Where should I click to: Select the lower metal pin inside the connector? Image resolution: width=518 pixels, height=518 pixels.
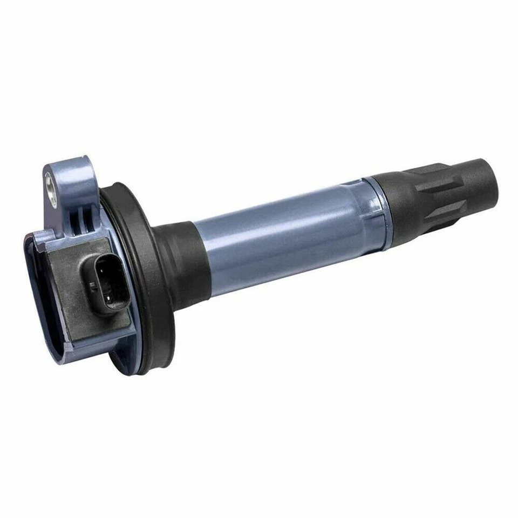click(110, 298)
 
